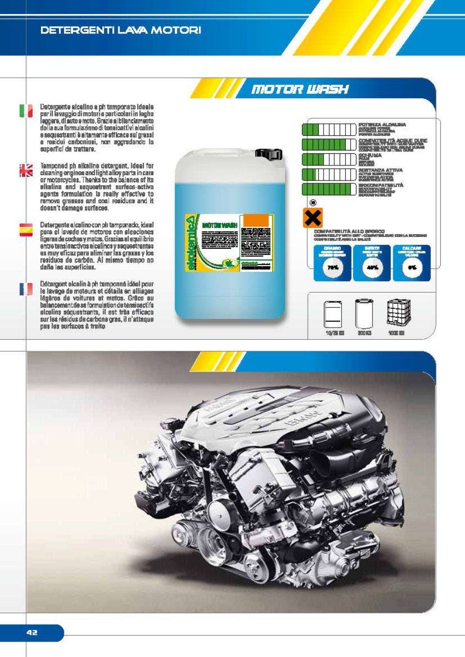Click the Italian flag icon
coord(26,111)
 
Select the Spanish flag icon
coord(26,230)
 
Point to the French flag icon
coord(26,289)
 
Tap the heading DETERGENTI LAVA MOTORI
coord(121,30)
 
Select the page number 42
coord(32,632)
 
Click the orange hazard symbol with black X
coord(312,218)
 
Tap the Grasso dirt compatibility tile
coord(332,263)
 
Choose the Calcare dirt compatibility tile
coord(412,263)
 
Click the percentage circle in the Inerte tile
coord(372,268)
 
